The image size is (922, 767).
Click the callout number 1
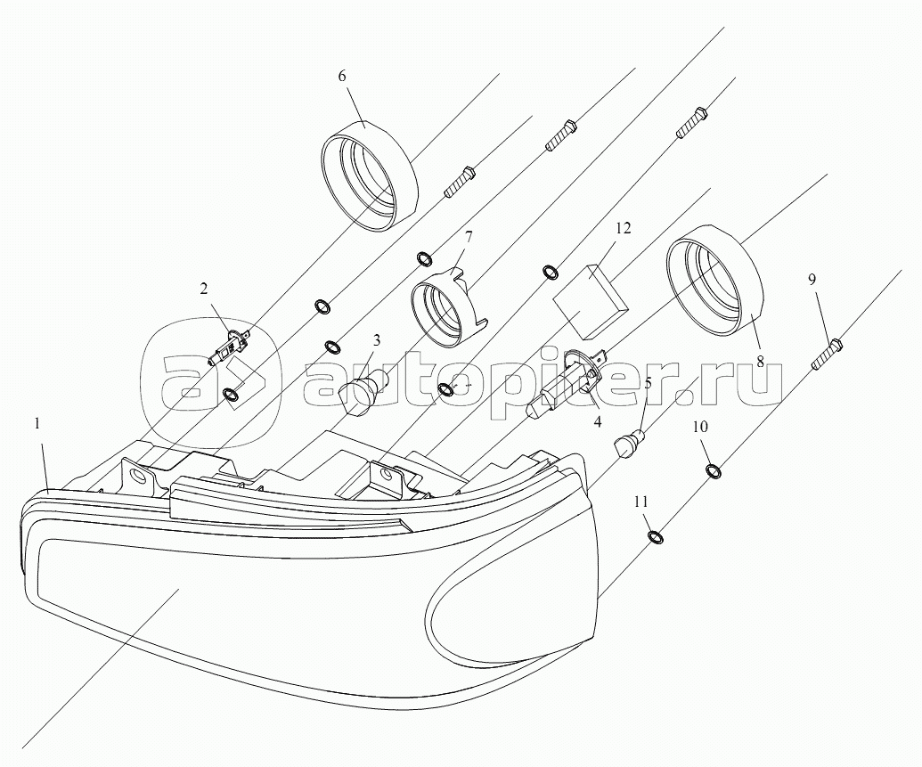(37, 423)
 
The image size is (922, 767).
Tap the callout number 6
(342, 76)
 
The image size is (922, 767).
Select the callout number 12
(624, 228)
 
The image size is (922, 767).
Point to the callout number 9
(812, 280)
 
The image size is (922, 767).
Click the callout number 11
(641, 502)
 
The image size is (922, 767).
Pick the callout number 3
(376, 340)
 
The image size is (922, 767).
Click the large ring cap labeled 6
(370, 176)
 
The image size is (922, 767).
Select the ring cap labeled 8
(715, 280)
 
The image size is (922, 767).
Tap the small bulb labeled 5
(632, 443)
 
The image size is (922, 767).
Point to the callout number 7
(469, 238)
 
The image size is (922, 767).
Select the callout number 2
(203, 289)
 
